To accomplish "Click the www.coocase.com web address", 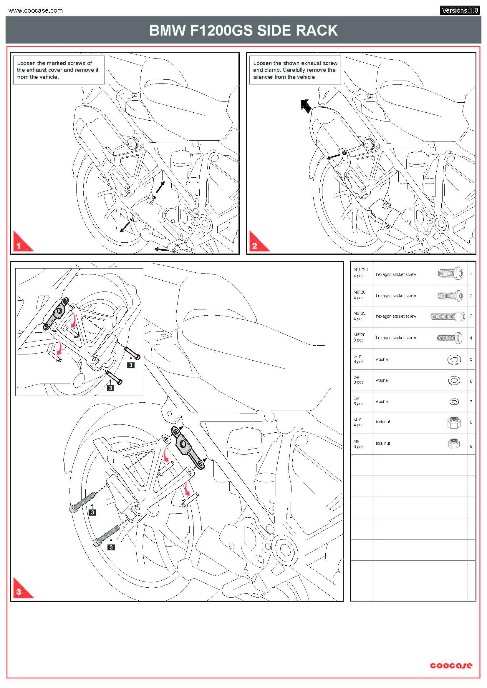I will [x=36, y=11].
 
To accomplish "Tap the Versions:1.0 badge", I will [x=460, y=11].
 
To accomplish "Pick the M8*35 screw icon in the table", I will [x=448, y=316].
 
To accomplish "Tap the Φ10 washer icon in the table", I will [x=454, y=359].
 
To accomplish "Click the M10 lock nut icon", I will [x=453, y=422].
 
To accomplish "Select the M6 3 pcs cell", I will [x=358, y=444].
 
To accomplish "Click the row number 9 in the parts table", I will [x=471, y=446].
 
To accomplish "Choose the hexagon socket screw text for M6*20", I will [x=396, y=338].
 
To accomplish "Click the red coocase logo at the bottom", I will [x=451, y=665].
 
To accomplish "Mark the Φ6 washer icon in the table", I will [x=454, y=402].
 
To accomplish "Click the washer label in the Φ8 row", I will [x=382, y=380].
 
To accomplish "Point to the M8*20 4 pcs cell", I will [x=359, y=295].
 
